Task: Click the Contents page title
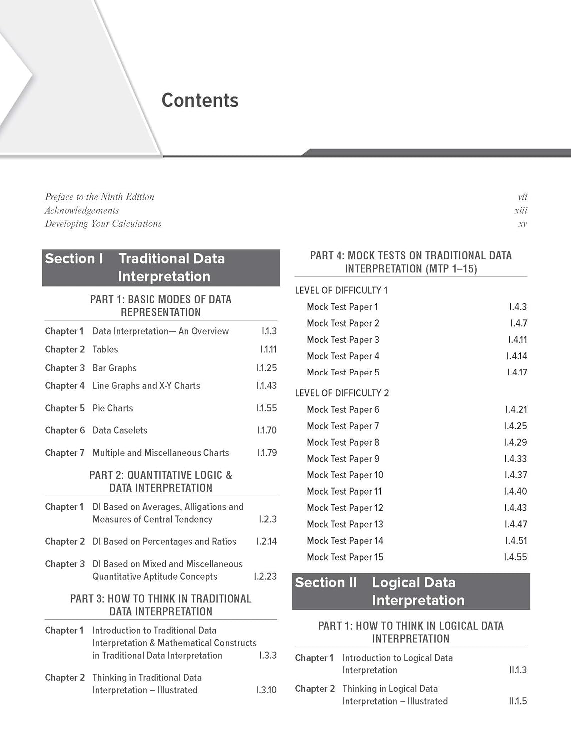point(200,100)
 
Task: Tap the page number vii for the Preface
point(522,197)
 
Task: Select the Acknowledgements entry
point(82,211)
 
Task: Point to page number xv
point(522,224)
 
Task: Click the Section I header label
point(74,259)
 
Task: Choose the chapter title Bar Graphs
point(114,368)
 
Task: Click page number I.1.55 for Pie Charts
point(266,408)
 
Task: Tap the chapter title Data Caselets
point(120,430)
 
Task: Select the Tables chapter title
point(105,350)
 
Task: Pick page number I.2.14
point(266,542)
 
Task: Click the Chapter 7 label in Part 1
point(65,453)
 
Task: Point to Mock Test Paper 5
point(343,373)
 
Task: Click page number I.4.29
point(515,443)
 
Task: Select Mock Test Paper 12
point(345,508)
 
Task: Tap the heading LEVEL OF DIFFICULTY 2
point(342,393)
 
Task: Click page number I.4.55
point(515,557)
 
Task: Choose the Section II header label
point(326,583)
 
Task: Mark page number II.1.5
point(518,701)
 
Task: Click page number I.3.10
point(266,690)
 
